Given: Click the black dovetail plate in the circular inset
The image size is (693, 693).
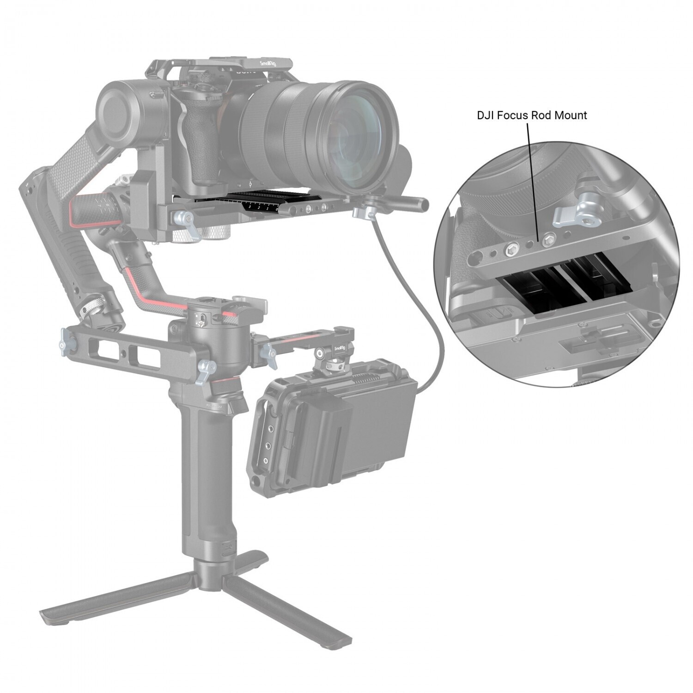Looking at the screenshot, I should point(545,286).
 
